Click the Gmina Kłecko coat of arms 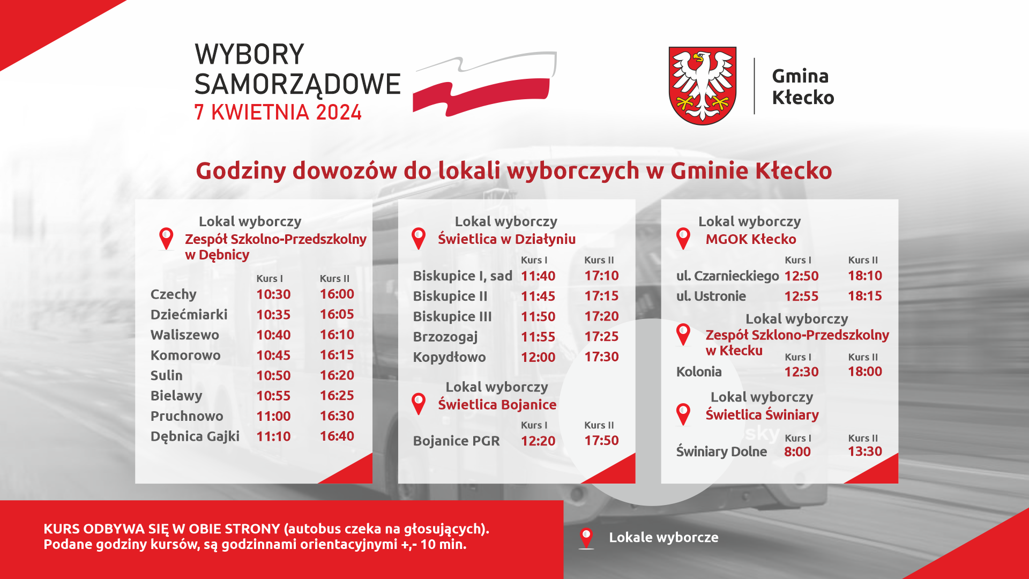click(702, 86)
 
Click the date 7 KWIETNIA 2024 click(278, 112)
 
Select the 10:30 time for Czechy click(273, 294)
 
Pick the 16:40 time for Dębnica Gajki click(337, 436)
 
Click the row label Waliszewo click(185, 335)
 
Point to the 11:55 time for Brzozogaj click(538, 337)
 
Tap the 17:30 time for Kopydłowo click(601, 357)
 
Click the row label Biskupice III click(452, 316)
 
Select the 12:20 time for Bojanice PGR click(538, 441)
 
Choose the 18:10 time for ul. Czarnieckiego click(865, 276)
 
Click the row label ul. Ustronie click(711, 296)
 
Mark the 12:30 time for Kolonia click(801, 372)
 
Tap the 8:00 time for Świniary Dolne click(797, 451)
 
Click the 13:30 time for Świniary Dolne click(865, 451)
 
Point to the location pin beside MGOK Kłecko click(683, 239)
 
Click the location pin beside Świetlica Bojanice click(419, 404)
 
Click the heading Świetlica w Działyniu click(507, 239)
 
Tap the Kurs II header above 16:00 click(334, 278)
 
